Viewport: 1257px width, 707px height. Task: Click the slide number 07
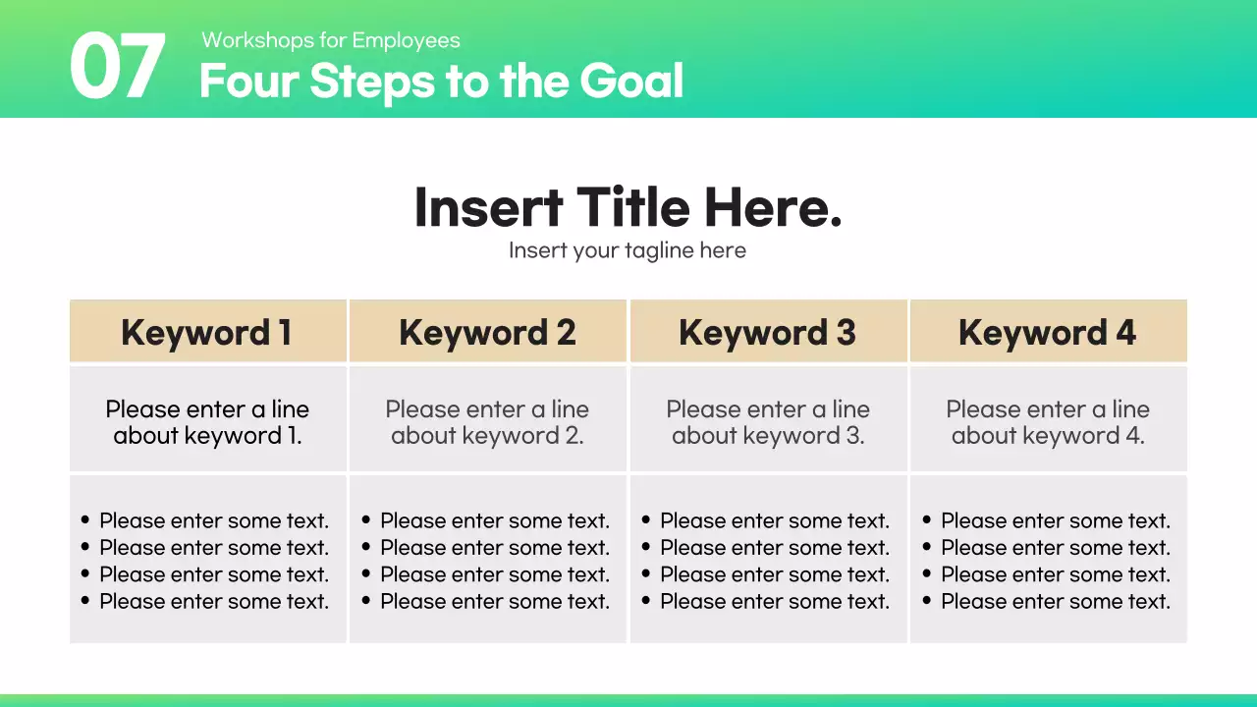(117, 67)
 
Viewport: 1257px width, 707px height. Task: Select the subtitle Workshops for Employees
(331, 40)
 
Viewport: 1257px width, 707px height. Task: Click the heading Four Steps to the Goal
(441, 82)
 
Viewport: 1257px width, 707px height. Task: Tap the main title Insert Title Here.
(628, 207)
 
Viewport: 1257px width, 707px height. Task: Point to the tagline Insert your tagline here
(628, 250)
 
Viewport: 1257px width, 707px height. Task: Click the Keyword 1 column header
(207, 333)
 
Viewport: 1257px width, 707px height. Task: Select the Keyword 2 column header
(488, 333)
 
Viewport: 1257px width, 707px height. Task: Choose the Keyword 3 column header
(768, 333)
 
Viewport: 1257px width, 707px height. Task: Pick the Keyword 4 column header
(1048, 333)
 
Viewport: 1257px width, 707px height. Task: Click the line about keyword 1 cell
(207, 422)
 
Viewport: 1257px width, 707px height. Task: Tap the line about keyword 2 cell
(488, 422)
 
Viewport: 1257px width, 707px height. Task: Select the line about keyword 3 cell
(768, 422)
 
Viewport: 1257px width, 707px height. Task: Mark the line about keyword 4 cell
(1048, 422)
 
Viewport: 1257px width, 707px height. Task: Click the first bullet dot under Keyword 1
(85, 520)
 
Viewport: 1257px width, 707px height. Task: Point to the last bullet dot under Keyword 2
(366, 601)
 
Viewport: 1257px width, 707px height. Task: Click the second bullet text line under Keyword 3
(775, 548)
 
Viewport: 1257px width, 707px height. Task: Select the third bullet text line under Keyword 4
(1056, 574)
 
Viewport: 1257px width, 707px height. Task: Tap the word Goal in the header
(631, 82)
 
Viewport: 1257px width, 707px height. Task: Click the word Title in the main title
(635, 207)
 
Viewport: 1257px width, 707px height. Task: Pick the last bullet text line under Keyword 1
(214, 601)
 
